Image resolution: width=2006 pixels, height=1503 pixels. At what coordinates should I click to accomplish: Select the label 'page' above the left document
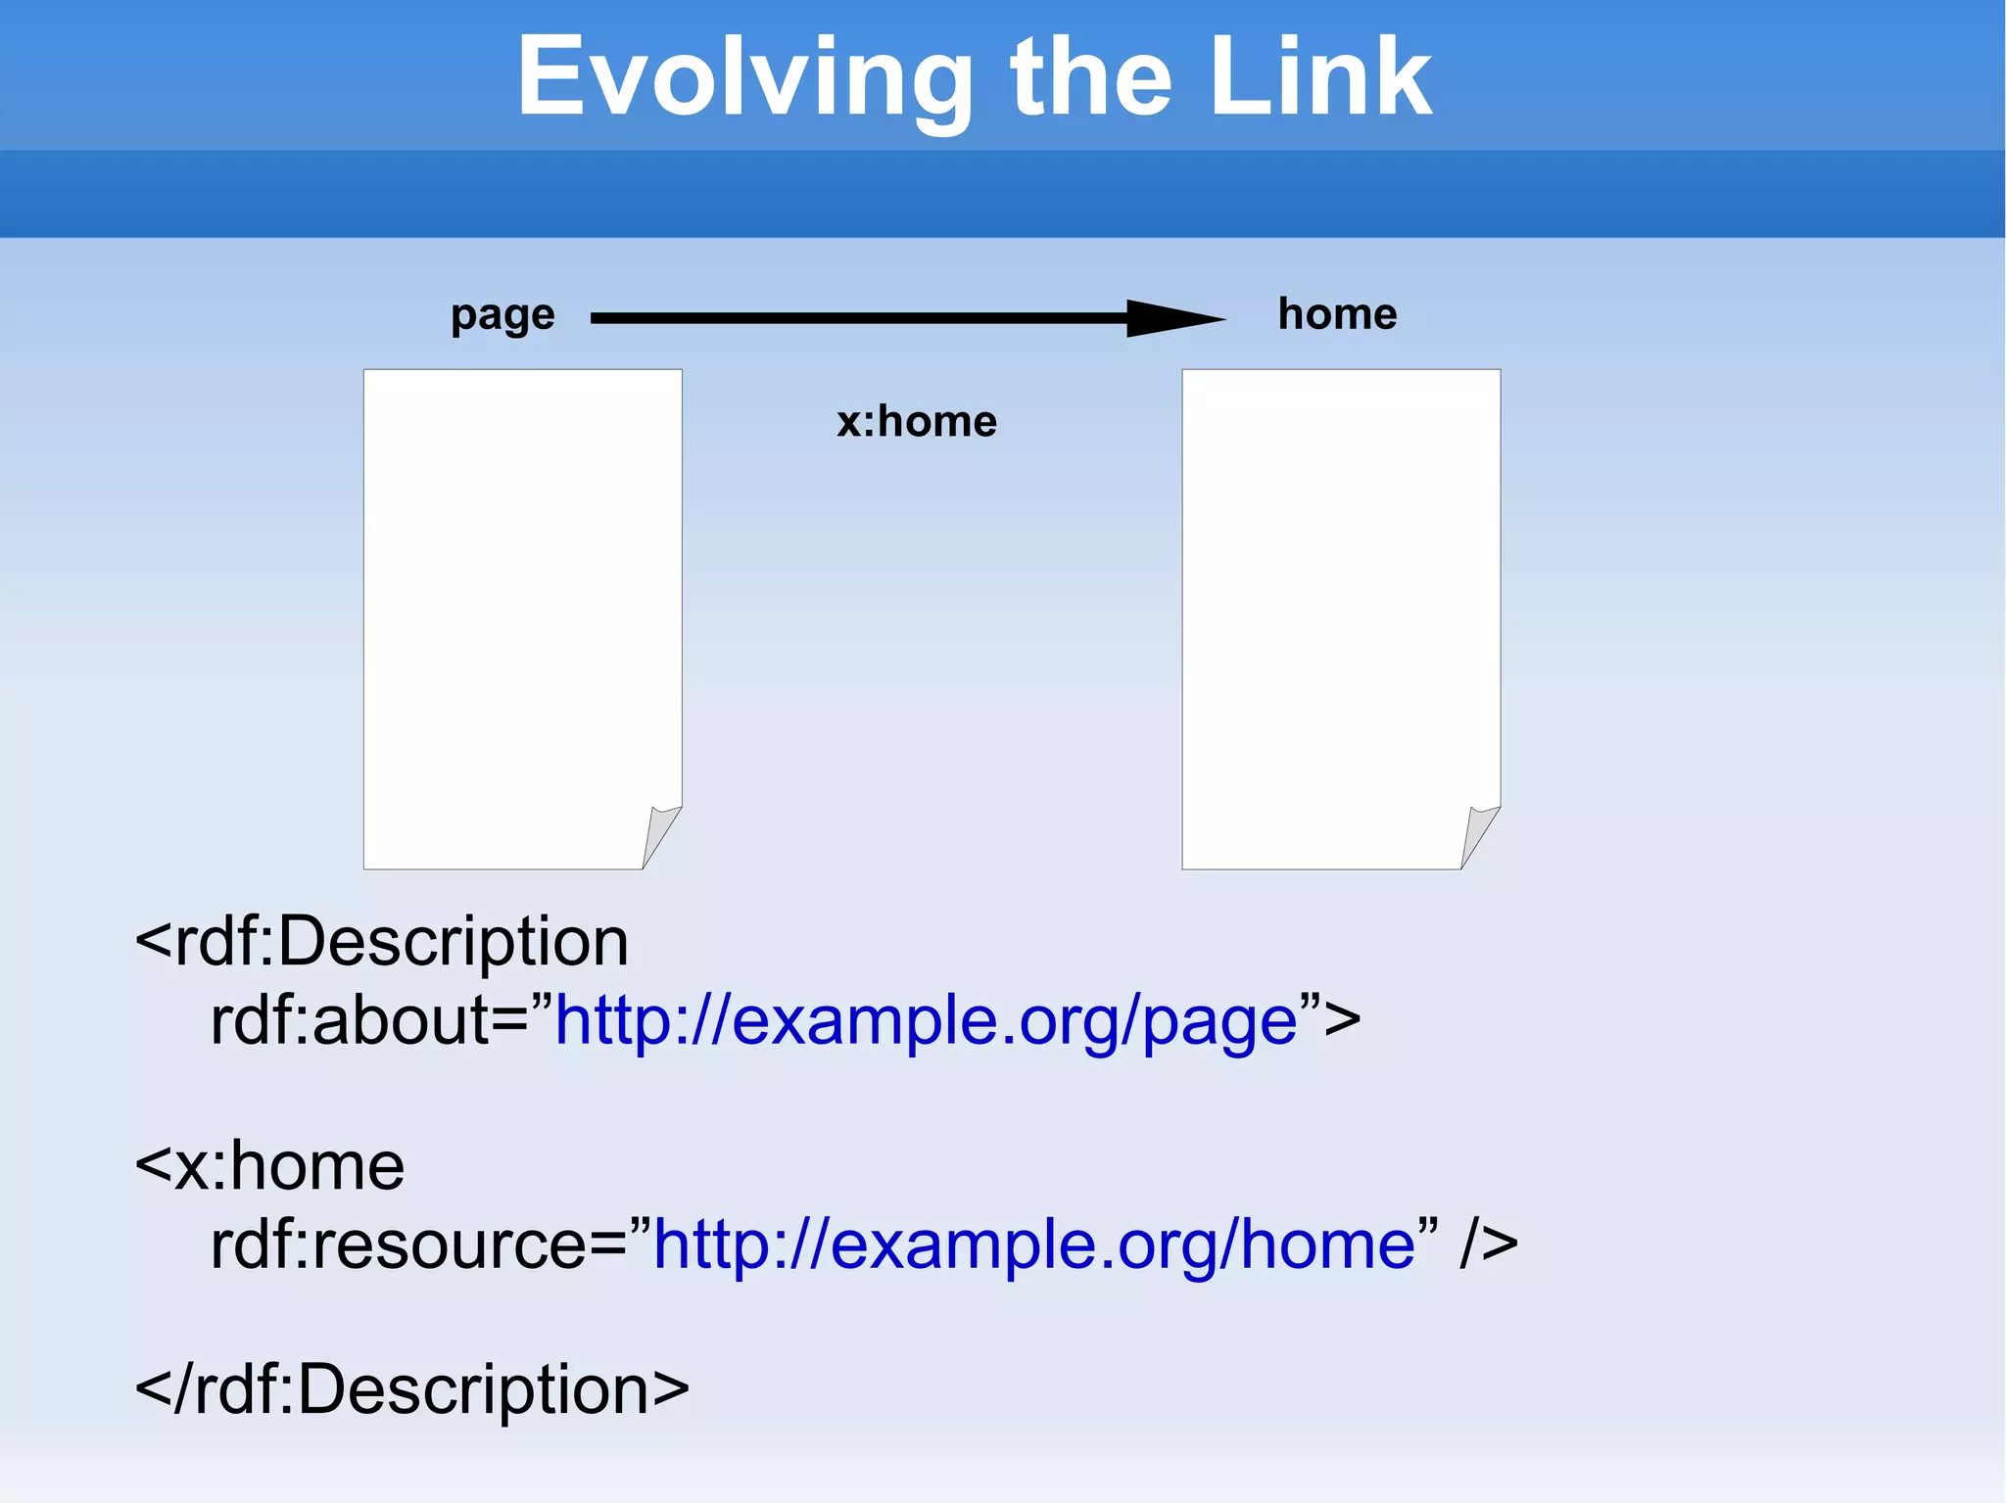pyautogui.click(x=502, y=315)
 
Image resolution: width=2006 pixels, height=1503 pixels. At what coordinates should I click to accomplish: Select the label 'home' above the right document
pyautogui.click(x=1337, y=314)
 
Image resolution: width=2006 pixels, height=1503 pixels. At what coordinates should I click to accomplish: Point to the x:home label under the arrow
pyautogui.click(x=917, y=422)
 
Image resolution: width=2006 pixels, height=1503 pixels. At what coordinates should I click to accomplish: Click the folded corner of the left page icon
pyautogui.click(x=660, y=834)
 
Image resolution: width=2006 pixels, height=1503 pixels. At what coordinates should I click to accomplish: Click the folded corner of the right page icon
pyautogui.click(x=1479, y=834)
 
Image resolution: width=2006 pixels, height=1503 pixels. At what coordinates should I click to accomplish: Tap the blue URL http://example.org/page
pyautogui.click(x=926, y=1021)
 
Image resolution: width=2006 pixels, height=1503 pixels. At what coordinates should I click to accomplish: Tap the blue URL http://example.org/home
pyautogui.click(x=1033, y=1245)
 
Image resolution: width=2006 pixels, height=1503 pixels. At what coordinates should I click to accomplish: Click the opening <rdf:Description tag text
pyautogui.click(x=382, y=942)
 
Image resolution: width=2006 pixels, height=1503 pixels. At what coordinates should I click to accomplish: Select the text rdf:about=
pyautogui.click(x=370, y=1021)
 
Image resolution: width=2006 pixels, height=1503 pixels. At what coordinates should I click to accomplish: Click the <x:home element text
pyautogui.click(x=269, y=1166)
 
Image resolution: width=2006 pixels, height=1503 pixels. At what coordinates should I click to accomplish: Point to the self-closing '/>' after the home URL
pyautogui.click(x=1489, y=1245)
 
